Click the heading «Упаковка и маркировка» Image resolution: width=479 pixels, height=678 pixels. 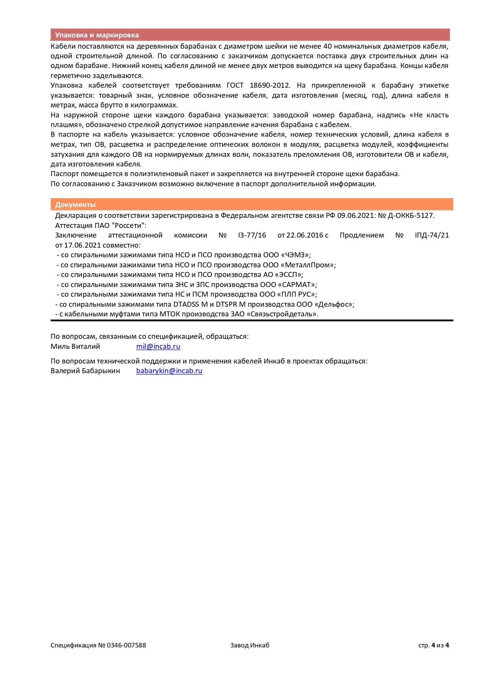click(97, 35)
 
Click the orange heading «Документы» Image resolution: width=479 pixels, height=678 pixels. click(75, 205)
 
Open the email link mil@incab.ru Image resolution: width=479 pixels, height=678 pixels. click(158, 347)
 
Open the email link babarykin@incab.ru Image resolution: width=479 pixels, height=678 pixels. click(169, 371)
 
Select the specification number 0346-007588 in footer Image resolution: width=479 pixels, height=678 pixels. click(126, 645)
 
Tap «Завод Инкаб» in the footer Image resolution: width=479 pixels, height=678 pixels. click(250, 645)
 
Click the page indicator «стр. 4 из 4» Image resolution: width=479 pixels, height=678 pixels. click(433, 645)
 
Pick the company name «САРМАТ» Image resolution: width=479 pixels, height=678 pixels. click(297, 285)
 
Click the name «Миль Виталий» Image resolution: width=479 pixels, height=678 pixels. click(75, 347)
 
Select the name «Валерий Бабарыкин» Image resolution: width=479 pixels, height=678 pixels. click(85, 371)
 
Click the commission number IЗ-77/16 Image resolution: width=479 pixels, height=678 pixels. click(252, 235)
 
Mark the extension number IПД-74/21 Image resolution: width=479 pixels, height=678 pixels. click(432, 235)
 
